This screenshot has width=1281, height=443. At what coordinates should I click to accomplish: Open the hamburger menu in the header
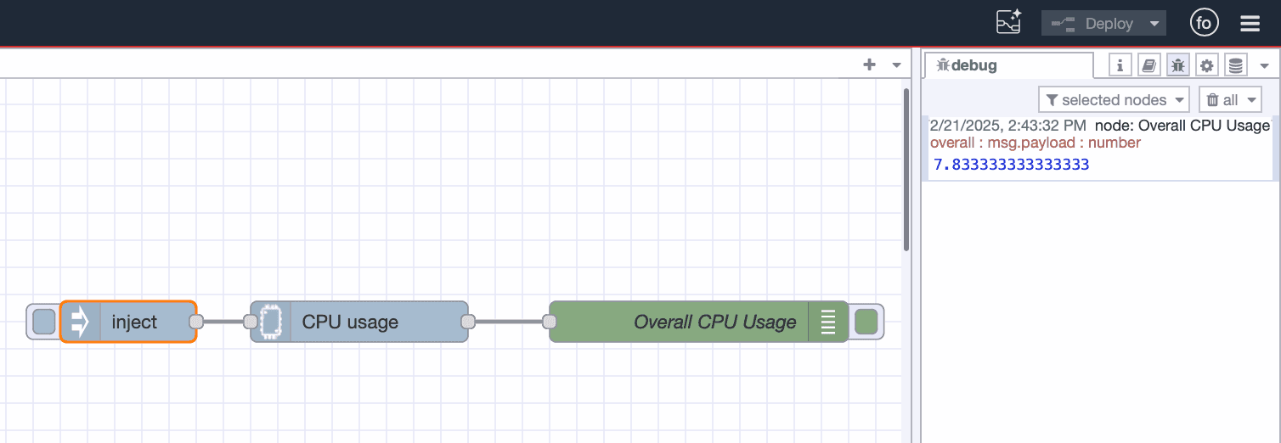[1250, 24]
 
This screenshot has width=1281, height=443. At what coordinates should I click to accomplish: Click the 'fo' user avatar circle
[1204, 24]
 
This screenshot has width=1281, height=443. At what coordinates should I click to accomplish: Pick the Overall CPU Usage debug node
[697, 322]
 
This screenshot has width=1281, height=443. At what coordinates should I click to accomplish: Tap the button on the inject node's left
[43, 322]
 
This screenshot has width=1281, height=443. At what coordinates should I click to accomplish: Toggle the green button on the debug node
[866, 322]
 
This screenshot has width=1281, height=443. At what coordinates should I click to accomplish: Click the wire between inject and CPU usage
[223, 322]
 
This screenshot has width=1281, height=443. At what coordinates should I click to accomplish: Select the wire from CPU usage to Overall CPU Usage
[508, 322]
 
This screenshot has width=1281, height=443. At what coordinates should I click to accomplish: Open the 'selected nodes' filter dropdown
[1114, 100]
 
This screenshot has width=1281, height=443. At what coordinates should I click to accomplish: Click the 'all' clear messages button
[1230, 100]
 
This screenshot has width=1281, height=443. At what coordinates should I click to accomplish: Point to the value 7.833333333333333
[1011, 165]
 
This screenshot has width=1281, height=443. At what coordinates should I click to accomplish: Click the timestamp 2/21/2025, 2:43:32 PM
[1007, 126]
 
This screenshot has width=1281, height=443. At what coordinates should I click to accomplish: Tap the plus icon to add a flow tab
[869, 64]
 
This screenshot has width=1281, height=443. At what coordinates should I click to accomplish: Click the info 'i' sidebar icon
[1120, 64]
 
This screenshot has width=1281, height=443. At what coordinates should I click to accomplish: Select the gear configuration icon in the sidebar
[1206, 64]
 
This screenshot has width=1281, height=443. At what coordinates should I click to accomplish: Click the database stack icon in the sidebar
[1235, 64]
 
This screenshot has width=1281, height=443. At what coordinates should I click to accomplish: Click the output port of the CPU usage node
[467, 322]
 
